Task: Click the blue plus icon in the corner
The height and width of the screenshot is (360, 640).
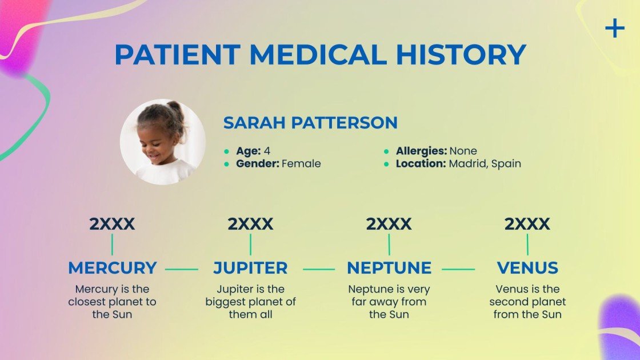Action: point(615,28)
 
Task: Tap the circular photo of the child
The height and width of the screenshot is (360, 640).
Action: point(162,142)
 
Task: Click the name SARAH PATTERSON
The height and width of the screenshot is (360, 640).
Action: point(310,122)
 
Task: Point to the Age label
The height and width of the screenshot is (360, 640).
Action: point(249,151)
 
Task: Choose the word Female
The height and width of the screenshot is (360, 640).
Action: point(301,164)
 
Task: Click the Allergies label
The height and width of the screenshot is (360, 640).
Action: point(421,151)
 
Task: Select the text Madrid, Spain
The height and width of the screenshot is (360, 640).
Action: point(485,164)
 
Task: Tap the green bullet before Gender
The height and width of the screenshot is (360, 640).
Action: point(227,164)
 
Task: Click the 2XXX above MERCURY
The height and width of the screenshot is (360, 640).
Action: point(112,224)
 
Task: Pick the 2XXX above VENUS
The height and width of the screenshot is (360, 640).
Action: point(527,224)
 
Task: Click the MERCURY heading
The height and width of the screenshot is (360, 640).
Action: point(112,267)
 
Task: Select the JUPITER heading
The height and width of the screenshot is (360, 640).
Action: point(250,267)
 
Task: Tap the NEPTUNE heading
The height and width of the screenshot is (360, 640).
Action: point(389,267)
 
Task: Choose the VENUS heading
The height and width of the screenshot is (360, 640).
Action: point(527,267)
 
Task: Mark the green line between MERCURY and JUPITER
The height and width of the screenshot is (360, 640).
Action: point(182,269)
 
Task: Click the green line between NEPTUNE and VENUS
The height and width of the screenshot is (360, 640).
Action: point(458,269)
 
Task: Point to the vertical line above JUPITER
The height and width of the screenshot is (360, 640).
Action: point(250,245)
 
